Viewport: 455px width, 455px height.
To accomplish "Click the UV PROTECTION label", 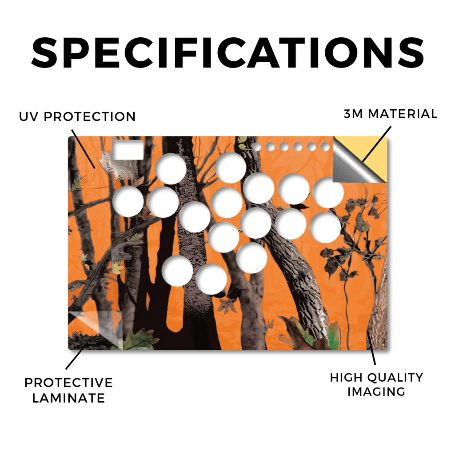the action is point(77,117).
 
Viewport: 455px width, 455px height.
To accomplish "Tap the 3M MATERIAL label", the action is point(391,114).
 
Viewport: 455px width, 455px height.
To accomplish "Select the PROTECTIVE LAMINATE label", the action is point(68,390).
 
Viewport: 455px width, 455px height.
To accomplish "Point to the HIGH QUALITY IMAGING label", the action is point(376,385).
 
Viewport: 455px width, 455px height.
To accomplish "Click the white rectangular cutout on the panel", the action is point(128,150).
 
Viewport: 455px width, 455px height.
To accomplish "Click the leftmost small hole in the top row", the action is point(256,147).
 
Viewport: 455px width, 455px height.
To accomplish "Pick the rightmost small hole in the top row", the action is point(325,147).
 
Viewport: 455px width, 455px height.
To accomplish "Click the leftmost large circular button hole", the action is point(128,201).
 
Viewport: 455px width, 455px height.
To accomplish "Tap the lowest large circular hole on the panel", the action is point(211,279).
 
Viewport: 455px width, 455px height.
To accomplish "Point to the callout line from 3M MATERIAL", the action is point(377,144).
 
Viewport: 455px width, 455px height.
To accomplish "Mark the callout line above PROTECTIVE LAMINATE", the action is point(77,356).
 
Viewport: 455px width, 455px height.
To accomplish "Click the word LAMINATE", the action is point(68,398).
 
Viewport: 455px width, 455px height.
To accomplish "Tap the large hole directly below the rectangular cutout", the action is point(128,201).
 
